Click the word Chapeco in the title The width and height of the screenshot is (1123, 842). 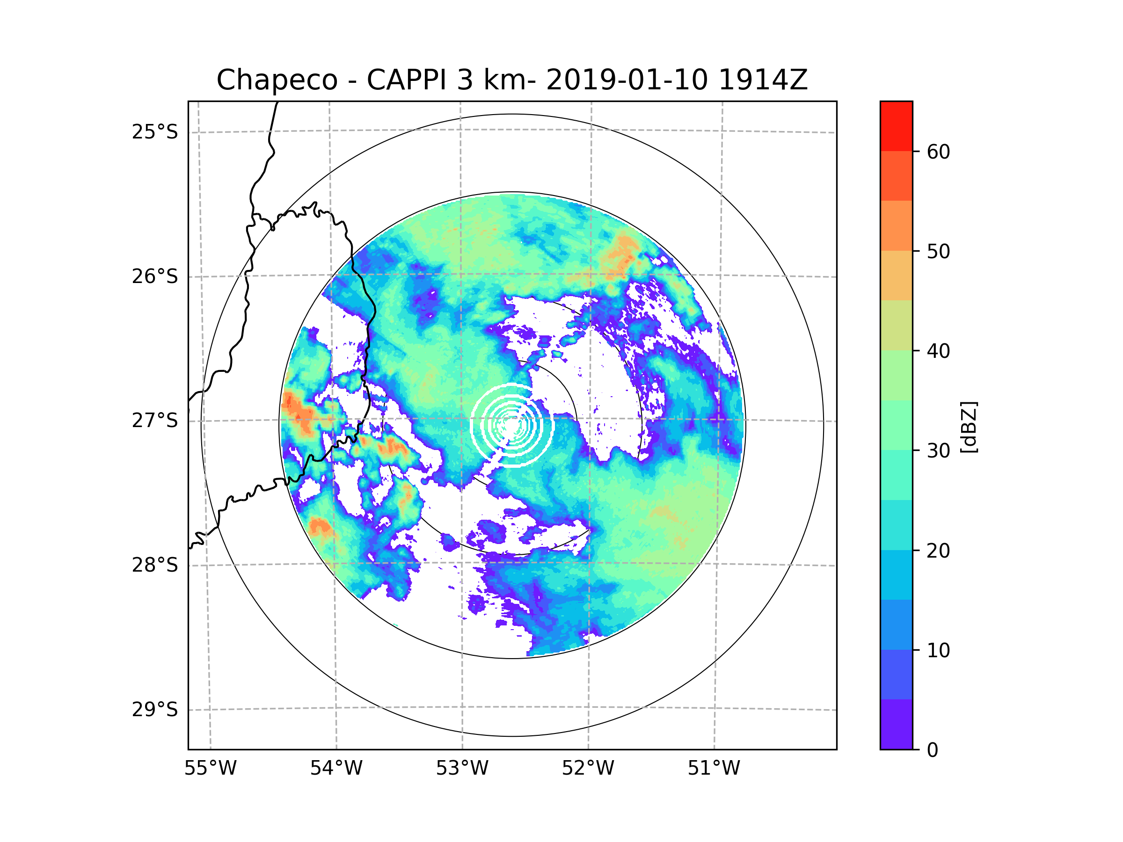point(277,80)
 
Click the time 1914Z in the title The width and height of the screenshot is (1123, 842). point(763,80)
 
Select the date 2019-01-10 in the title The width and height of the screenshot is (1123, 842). point(627,80)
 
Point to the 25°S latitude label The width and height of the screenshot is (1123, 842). point(155,132)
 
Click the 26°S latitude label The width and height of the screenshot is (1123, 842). point(155,276)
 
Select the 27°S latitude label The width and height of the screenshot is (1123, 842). point(155,421)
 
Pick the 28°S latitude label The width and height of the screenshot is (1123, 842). point(155,565)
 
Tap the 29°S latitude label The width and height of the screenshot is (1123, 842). point(155,710)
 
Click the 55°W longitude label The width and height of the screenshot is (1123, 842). point(210,769)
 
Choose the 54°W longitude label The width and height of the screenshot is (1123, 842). point(336,769)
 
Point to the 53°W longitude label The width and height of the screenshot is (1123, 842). point(462,769)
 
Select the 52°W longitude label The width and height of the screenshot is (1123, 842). point(588,769)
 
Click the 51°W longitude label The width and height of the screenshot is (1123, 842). point(714,769)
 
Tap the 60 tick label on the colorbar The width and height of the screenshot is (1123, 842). point(938,152)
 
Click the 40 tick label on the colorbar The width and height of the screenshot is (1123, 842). point(938,351)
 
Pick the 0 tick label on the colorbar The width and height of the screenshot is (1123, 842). point(933,750)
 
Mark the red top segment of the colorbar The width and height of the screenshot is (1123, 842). point(896,126)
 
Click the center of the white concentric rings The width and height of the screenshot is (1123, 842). point(512,425)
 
